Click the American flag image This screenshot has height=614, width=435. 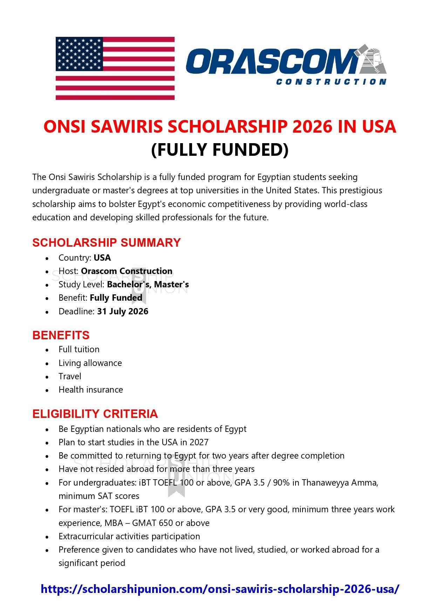[115, 68]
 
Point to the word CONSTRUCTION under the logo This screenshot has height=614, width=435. [331, 82]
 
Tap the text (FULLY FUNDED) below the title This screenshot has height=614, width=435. [219, 149]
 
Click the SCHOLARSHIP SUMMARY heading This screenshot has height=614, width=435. [106, 242]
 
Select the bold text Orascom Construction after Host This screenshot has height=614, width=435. [127, 271]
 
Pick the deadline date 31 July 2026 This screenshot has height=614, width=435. [123, 312]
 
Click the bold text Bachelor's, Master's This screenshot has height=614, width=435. [148, 285]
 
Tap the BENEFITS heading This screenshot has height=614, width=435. [61, 335]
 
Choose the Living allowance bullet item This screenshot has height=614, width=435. [90, 363]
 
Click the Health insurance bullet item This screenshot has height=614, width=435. [90, 390]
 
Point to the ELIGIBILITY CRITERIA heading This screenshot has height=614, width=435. [95, 414]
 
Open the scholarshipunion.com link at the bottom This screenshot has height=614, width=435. [220, 589]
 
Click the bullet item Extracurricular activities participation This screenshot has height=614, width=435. [129, 536]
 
